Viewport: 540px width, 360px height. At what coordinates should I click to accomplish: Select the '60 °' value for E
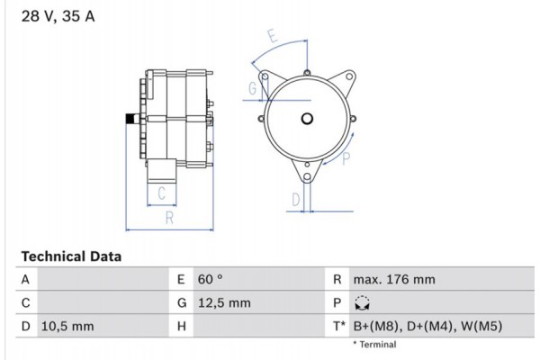point(209,280)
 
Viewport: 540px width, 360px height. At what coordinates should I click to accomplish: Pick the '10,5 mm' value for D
point(67,326)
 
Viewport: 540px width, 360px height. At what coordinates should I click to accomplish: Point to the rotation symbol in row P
point(363,303)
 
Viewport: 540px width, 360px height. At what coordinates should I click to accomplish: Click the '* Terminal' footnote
point(374,345)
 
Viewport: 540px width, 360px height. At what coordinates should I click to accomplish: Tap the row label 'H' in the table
point(181,326)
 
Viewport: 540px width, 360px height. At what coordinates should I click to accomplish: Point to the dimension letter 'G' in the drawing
point(253,87)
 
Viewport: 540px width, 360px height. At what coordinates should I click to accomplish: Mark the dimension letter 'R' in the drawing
point(168,218)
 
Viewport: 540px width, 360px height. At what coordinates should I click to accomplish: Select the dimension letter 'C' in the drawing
point(161,192)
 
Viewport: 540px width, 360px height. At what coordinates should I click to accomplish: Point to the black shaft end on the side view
point(130,120)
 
